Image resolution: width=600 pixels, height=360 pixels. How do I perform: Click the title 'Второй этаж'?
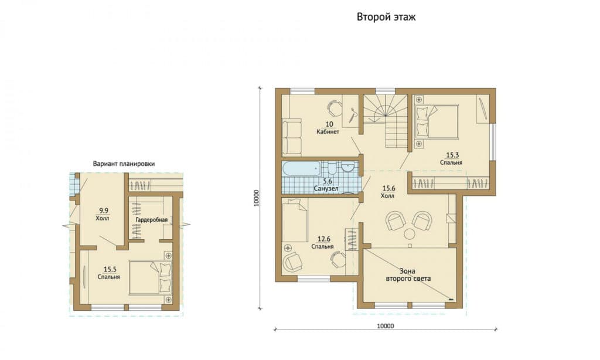[x=386, y=17]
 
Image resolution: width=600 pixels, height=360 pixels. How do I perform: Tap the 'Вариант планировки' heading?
[x=124, y=164]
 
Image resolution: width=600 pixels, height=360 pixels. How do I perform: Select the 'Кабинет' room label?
[x=328, y=132]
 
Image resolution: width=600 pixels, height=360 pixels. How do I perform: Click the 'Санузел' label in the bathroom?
[x=326, y=188]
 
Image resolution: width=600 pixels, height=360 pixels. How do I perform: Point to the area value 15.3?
[x=452, y=155]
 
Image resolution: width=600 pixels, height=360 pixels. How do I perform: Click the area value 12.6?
[x=323, y=239]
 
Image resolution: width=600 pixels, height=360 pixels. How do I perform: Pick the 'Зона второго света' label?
[x=408, y=275]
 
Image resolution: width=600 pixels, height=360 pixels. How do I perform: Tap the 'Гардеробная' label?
[x=152, y=220]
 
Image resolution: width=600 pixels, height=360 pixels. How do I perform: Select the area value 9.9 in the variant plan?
[x=103, y=210]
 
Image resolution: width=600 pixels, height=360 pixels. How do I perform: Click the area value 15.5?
[x=110, y=270]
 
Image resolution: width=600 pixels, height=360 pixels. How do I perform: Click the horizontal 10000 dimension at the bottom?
[x=386, y=326]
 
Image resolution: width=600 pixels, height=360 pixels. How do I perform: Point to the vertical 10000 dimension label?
[x=257, y=198]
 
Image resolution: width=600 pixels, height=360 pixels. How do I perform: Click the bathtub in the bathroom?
[x=301, y=169]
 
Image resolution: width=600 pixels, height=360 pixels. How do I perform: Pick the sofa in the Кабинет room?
[x=292, y=137]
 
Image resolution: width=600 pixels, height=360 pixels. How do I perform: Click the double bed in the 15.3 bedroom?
[x=437, y=121]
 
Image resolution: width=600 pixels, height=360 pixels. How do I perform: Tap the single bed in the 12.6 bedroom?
[x=295, y=220]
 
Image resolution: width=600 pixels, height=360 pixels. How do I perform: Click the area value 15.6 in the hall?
[x=389, y=188]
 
